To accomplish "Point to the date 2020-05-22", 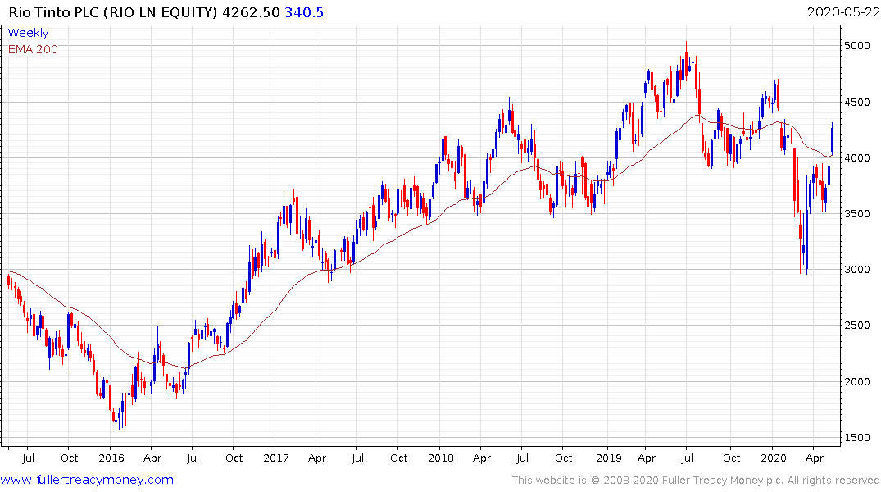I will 841,12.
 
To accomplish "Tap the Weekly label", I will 28,33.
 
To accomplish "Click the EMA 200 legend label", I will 33,49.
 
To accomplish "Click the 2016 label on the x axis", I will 111,458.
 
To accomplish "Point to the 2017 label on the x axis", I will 275,458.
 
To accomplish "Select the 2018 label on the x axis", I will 440,458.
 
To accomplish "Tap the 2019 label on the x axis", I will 606,458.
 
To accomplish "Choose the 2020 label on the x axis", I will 773,458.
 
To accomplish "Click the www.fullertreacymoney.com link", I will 87,480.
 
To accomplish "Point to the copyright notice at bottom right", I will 696,480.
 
